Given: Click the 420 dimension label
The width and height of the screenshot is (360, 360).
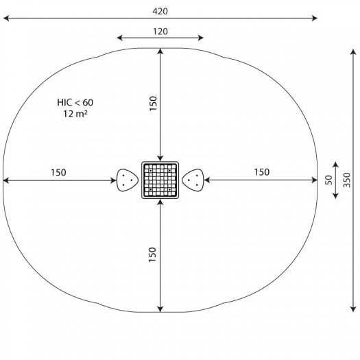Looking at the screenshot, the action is pos(160,11).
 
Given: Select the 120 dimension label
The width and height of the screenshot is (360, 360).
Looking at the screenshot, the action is pos(160,32).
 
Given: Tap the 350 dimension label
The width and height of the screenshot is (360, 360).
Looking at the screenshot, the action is pos(347,180).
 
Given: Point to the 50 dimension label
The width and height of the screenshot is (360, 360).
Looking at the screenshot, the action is pos(328,180).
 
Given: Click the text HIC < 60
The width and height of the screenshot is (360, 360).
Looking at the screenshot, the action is pos(75,103).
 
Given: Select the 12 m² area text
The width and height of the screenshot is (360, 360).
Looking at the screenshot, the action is pos(75,114).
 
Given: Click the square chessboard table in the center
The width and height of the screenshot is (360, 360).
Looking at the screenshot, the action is pos(160,180).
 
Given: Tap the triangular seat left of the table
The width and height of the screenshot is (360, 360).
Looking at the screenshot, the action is pos(128,180).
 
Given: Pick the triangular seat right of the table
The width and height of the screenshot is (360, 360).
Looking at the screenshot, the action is pos(193,180).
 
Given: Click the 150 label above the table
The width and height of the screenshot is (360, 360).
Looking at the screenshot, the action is pos(153,104).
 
